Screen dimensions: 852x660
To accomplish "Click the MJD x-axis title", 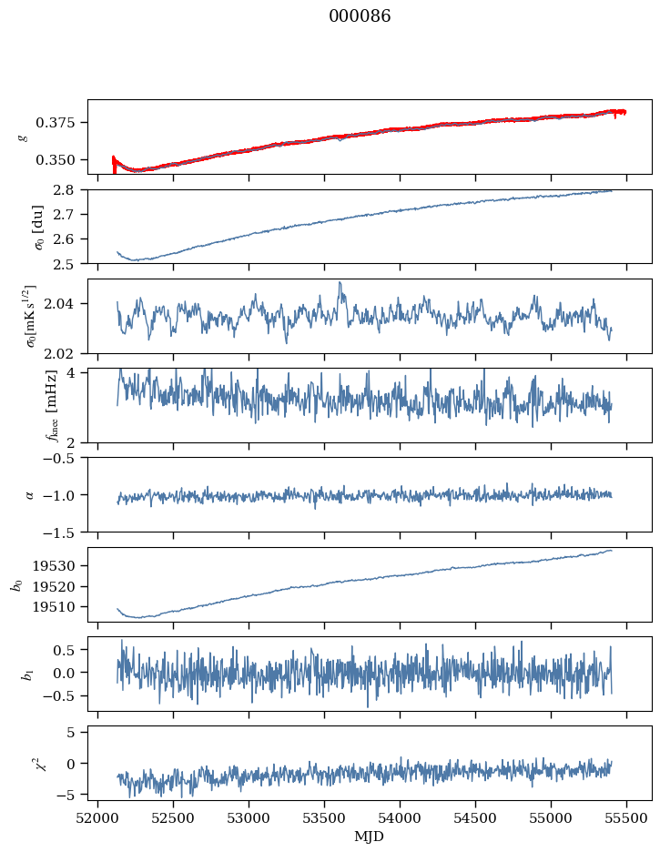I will [370, 837].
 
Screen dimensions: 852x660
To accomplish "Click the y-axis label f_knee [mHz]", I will [24, 405].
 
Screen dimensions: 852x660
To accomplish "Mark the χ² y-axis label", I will [25, 762].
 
